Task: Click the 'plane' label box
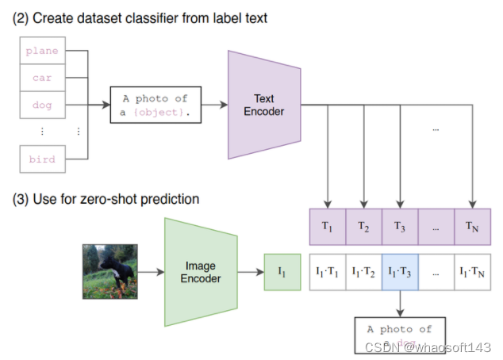40,51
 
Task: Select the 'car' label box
40,78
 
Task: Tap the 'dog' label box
40,105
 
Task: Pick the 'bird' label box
40,159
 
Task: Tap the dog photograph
109,272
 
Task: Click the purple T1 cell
328,226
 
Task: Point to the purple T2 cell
364,226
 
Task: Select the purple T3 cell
400,226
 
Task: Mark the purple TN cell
473,226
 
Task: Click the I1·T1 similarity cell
328,272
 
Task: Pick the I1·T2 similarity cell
364,272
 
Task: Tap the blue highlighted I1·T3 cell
400,272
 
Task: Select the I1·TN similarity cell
473,272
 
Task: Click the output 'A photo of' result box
400,334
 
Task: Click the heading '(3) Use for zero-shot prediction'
105,199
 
